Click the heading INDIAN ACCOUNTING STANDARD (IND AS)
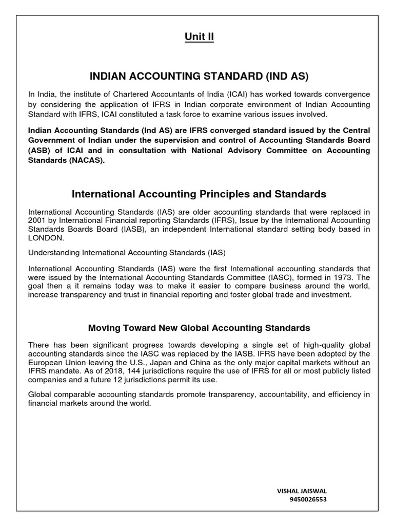199,77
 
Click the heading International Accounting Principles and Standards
199,194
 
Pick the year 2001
38,221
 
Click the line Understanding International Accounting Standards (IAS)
127,253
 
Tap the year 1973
347,277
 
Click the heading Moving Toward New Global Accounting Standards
199,328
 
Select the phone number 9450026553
308,499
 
